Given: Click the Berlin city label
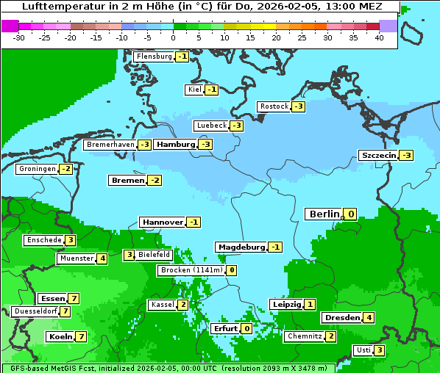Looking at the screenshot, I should (x=324, y=214).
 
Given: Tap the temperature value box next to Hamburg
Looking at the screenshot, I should (x=205, y=145).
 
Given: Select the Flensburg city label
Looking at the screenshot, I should (x=154, y=57).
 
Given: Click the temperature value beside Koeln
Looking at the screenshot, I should (x=81, y=336).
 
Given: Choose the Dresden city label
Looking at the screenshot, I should (x=341, y=318).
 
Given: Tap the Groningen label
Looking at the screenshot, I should (x=37, y=169).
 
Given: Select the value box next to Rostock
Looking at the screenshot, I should (x=298, y=106).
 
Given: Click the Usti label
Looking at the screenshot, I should (x=363, y=350).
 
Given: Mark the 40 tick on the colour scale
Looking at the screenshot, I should (x=379, y=37).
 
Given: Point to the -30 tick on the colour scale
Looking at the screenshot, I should (x=19, y=37).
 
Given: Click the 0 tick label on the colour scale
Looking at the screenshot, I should (x=174, y=37).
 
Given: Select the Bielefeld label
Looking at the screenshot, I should (x=155, y=255).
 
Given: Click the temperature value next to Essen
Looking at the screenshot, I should (x=74, y=298).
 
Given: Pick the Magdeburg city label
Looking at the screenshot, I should (x=241, y=247).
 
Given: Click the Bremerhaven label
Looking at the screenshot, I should (x=110, y=145).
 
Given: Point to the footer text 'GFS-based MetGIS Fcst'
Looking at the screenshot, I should (x=49, y=368).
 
